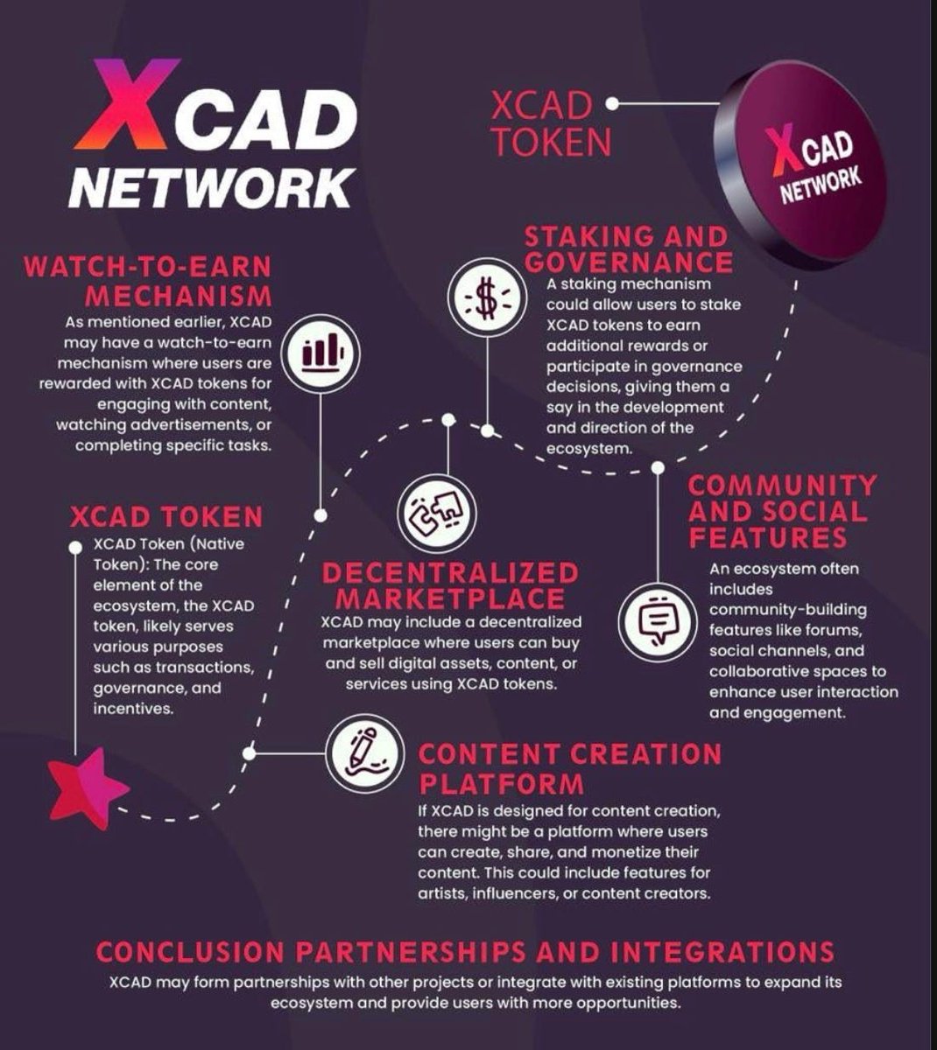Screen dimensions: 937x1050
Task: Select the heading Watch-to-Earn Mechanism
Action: pos(147,279)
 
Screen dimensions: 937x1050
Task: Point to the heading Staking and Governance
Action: pos(627,249)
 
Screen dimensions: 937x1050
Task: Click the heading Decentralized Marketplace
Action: pos(451,585)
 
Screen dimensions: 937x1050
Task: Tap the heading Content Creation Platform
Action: pos(569,766)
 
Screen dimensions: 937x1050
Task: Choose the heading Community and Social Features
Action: pos(782,511)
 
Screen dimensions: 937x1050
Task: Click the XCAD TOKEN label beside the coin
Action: pos(541,124)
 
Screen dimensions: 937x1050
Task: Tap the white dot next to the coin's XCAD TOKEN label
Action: pos(612,103)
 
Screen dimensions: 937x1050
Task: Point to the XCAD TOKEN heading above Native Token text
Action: pos(166,516)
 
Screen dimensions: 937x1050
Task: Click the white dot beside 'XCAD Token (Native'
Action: pos(75,547)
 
